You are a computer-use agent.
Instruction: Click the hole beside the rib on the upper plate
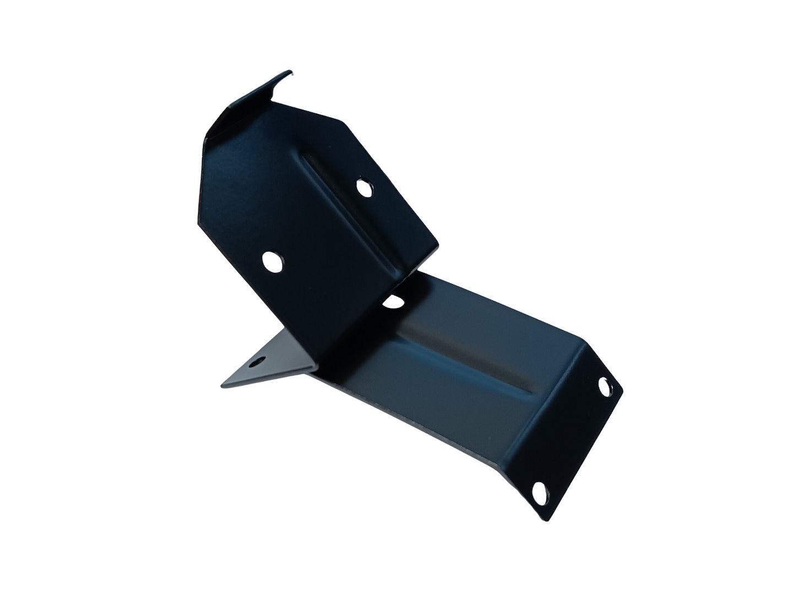[363, 187]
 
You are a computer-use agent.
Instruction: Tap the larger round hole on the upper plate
[271, 261]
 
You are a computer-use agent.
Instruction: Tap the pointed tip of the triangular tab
[222, 385]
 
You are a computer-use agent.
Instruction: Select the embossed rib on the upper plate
[352, 215]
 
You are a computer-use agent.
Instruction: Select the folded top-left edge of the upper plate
[231, 110]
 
